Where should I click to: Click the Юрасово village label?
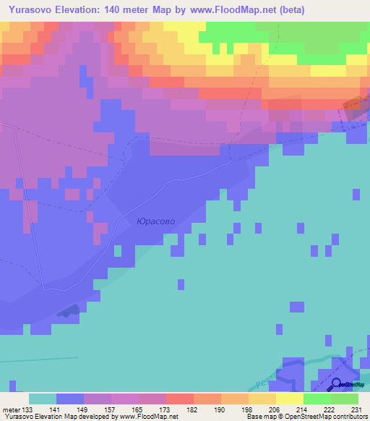click(x=156, y=221)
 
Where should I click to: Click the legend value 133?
click(x=28, y=410)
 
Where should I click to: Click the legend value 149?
click(x=84, y=410)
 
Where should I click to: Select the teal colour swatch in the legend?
click(x=42, y=399)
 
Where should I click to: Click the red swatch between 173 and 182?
click(x=179, y=399)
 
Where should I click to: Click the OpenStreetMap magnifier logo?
click(x=337, y=385)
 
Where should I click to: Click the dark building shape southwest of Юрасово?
click(x=68, y=311)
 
